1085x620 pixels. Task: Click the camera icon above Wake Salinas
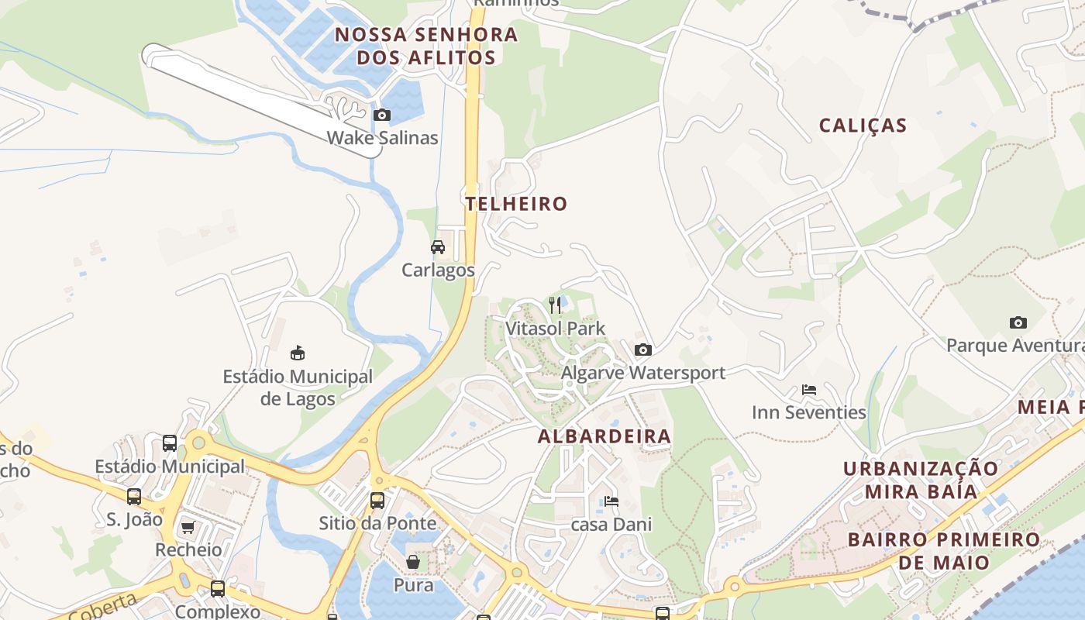click(x=381, y=115)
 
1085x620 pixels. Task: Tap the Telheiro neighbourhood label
click(x=516, y=204)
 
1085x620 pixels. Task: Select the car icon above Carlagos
click(x=438, y=247)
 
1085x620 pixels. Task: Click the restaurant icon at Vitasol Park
click(x=555, y=305)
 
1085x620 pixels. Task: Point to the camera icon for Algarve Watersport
click(x=643, y=350)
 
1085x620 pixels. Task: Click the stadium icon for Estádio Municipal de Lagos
click(x=297, y=353)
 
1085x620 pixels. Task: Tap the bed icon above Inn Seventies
click(x=809, y=390)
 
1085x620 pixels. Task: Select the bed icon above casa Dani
click(x=611, y=501)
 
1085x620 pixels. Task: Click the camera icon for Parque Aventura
click(x=1018, y=322)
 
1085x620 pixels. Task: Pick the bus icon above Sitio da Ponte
click(x=377, y=500)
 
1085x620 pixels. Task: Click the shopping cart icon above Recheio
click(x=188, y=528)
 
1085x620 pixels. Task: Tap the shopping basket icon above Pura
click(x=414, y=561)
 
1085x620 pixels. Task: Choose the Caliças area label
click(x=863, y=126)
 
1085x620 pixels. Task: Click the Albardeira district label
click(x=604, y=436)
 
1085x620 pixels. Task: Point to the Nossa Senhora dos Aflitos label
click(x=426, y=46)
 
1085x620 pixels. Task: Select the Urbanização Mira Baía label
click(x=921, y=480)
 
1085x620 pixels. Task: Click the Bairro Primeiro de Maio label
click(x=943, y=550)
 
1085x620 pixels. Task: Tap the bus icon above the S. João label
click(x=134, y=496)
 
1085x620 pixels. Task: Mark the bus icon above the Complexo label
click(x=218, y=589)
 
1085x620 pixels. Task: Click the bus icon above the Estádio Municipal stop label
click(x=170, y=443)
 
